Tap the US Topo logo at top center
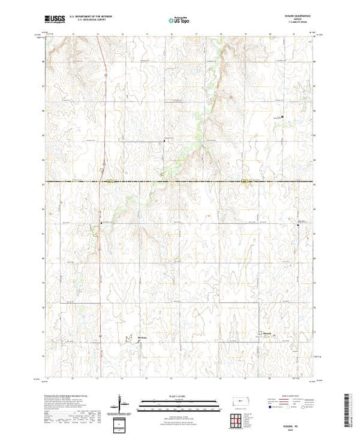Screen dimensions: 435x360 coord(179,20)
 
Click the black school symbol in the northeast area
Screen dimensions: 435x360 coord(282,117)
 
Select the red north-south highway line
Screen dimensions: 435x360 coord(102,276)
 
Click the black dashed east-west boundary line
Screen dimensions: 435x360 coord(207,182)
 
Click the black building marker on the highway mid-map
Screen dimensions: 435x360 coord(102,223)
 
